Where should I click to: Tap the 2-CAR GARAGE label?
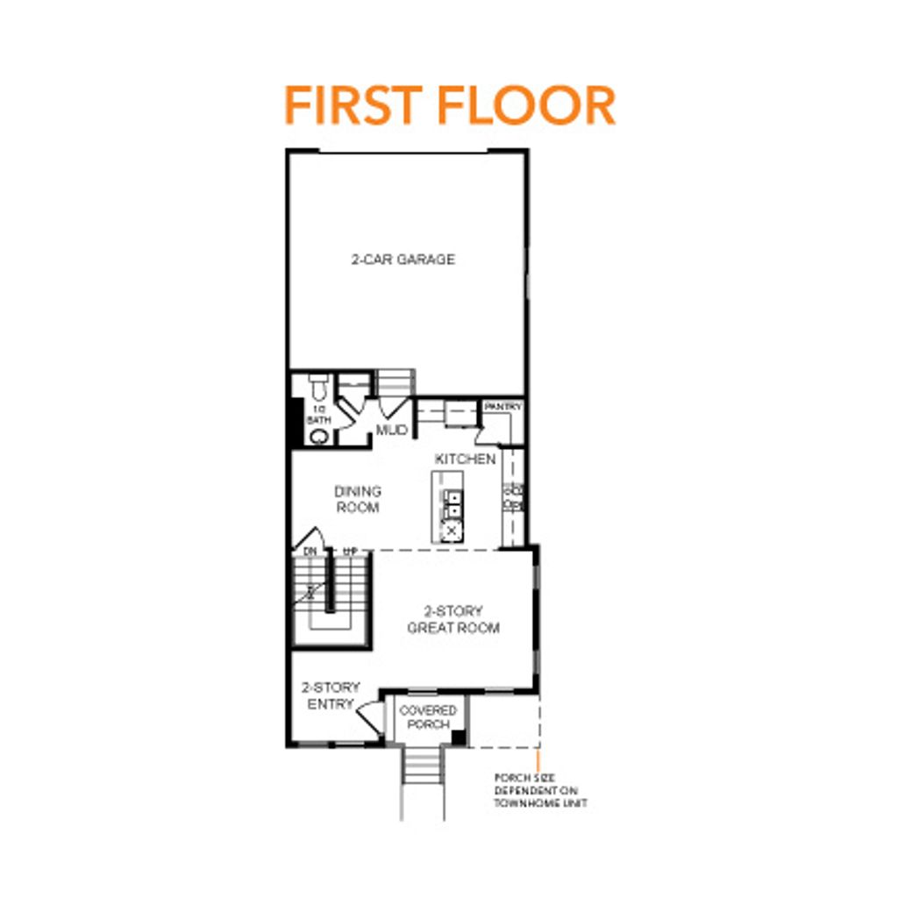click(403, 260)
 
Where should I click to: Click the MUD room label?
click(391, 430)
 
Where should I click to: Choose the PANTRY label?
click(503, 407)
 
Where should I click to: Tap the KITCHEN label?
click(465, 459)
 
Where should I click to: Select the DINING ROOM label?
click(357, 499)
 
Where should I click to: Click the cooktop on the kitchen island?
click(453, 530)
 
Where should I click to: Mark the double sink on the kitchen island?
click(453, 504)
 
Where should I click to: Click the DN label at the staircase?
click(310, 551)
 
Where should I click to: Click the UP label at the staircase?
click(349, 551)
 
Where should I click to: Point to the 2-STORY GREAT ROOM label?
click(453, 619)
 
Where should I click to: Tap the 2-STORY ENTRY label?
click(330, 695)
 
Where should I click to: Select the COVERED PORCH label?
click(428, 716)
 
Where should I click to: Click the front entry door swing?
click(370, 715)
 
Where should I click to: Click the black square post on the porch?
click(458, 738)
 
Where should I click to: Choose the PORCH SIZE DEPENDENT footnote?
click(540, 790)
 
